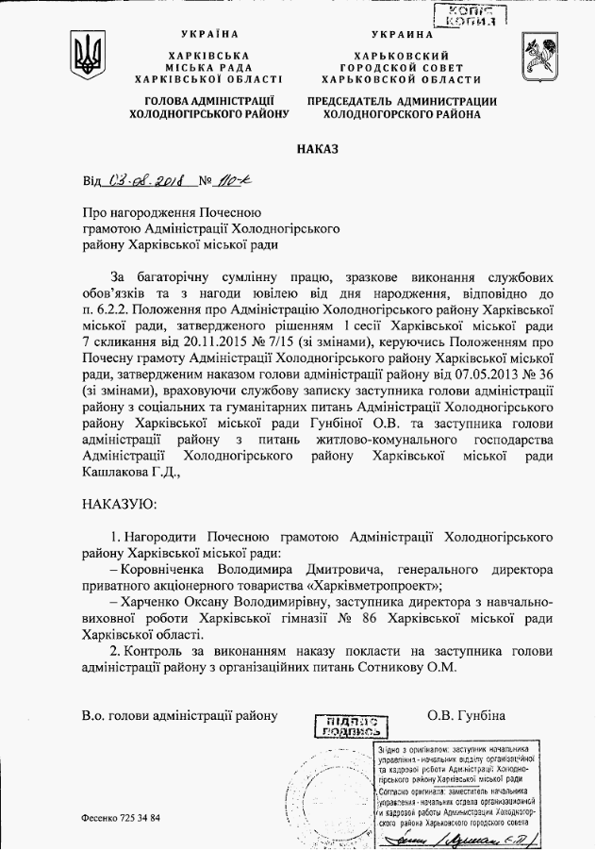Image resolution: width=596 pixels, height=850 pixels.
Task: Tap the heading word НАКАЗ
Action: [311, 149]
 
